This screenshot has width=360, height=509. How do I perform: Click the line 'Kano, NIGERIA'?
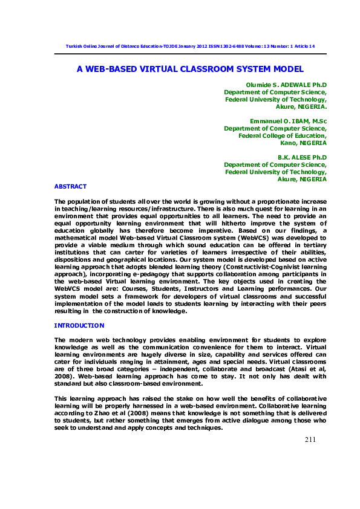coord(304,143)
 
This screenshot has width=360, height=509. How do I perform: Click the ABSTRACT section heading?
coord(71,186)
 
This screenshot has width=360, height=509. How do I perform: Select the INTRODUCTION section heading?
coord(79,326)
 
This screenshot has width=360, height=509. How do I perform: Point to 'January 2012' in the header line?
coord(189,47)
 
